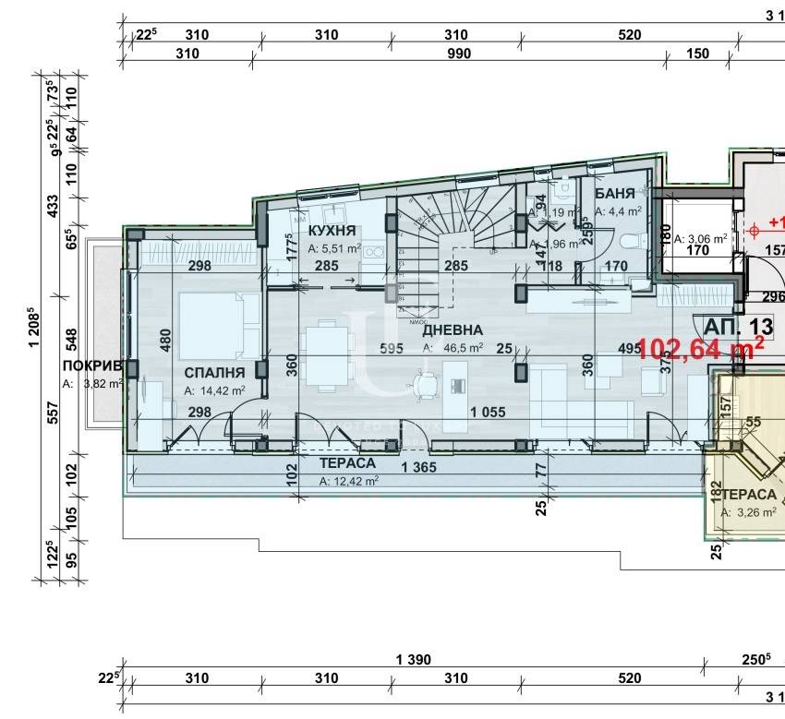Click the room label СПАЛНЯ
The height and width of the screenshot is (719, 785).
tap(214, 372)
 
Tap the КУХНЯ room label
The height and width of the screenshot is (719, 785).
tap(333, 230)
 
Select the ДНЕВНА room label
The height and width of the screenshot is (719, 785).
tap(453, 330)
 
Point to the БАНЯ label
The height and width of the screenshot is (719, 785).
tap(614, 194)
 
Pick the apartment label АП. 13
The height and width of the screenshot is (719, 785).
tap(738, 326)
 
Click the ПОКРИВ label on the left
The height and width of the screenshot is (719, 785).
tap(92, 365)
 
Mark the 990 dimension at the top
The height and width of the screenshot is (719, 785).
tap(458, 54)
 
